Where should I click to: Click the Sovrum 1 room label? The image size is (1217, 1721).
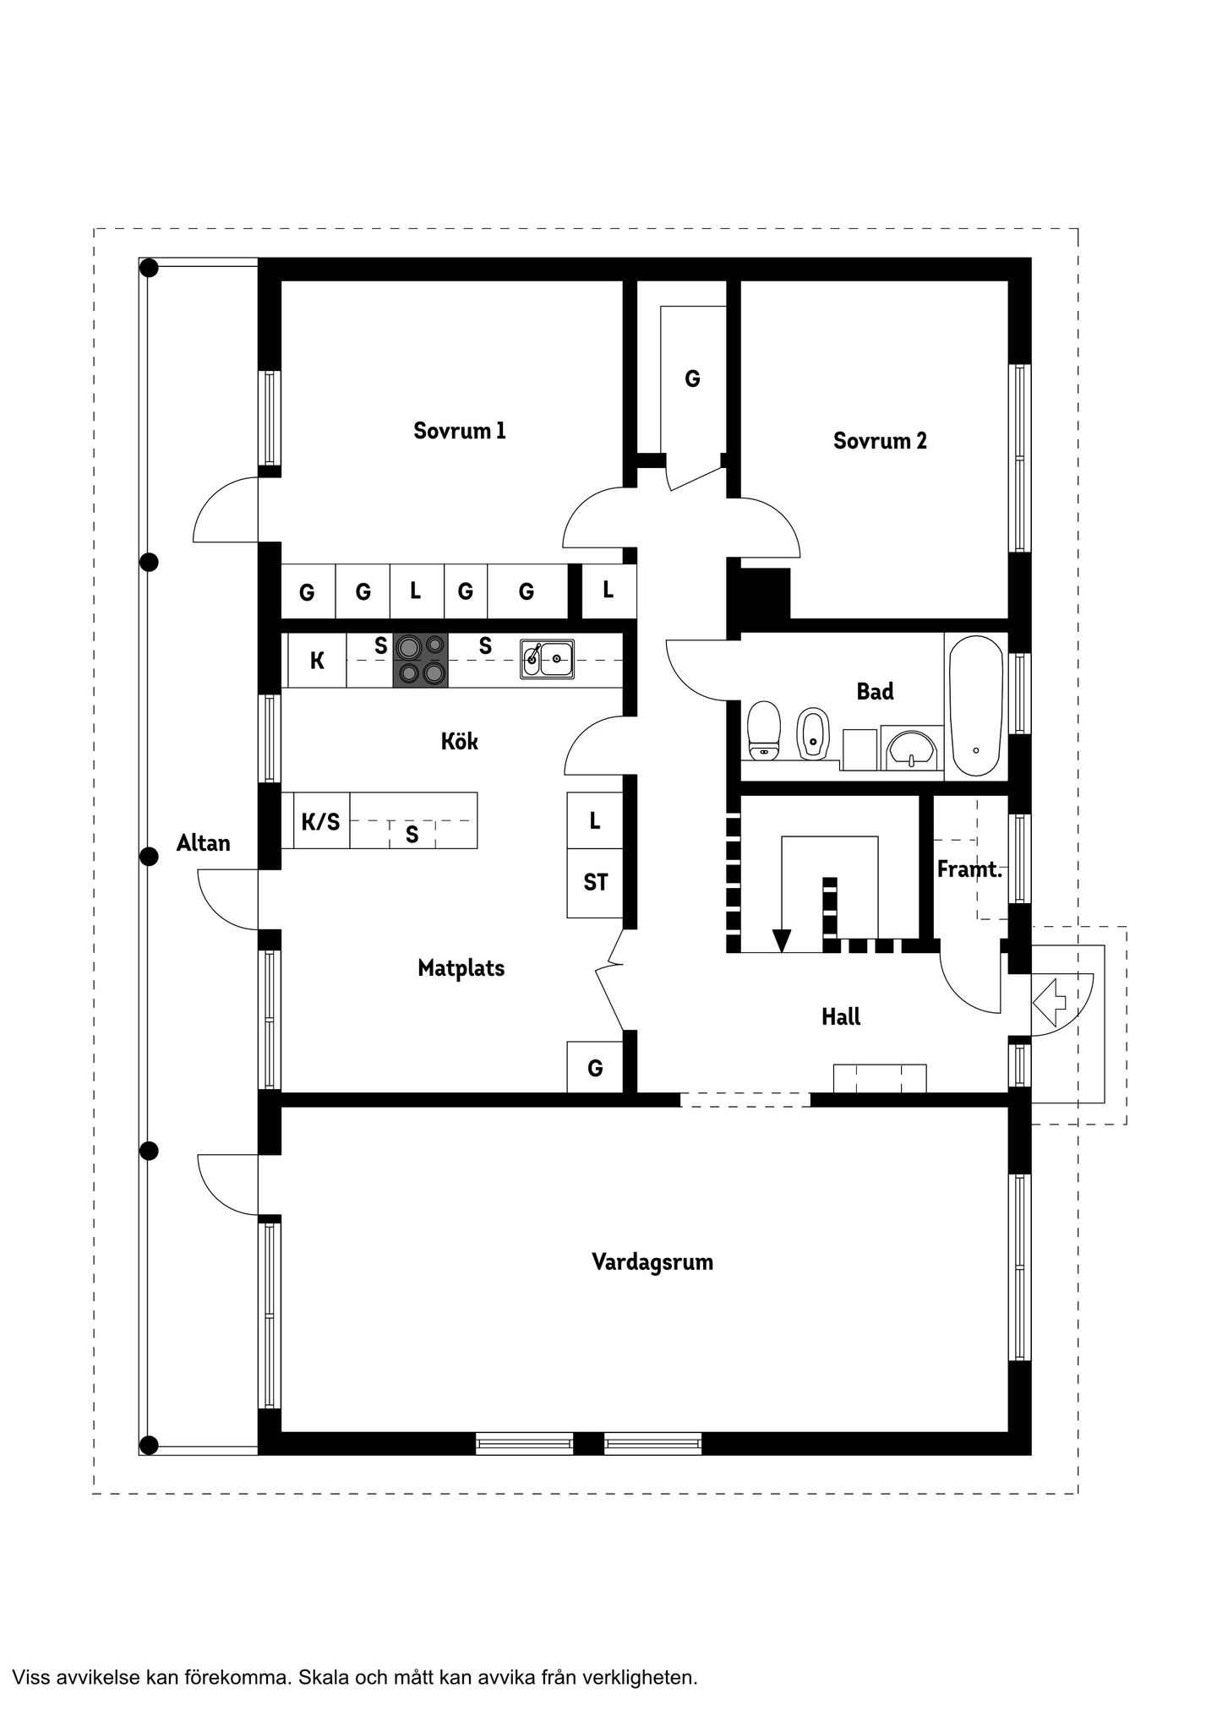click(459, 431)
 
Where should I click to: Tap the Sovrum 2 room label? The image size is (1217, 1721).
click(880, 440)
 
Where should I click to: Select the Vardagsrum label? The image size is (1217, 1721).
click(652, 1262)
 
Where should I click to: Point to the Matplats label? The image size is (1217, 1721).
click(461, 968)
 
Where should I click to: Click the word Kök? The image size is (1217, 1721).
click(459, 741)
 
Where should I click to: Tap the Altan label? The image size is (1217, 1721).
click(203, 842)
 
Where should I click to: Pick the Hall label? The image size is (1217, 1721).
click(841, 1016)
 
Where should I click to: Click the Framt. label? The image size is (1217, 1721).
click(969, 869)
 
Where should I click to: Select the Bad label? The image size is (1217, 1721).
click(875, 691)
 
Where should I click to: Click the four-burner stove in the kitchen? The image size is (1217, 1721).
click(420, 660)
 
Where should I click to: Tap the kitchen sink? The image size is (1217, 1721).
click(547, 659)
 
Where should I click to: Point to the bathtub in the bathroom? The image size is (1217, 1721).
click(975, 706)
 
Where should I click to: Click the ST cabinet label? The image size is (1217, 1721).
click(595, 883)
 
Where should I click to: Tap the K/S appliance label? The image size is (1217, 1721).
click(320, 820)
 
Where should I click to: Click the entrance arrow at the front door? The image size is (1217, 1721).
click(1049, 999)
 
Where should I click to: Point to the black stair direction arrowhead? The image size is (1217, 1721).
click(782, 940)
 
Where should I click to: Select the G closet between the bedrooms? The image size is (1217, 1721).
click(692, 379)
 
